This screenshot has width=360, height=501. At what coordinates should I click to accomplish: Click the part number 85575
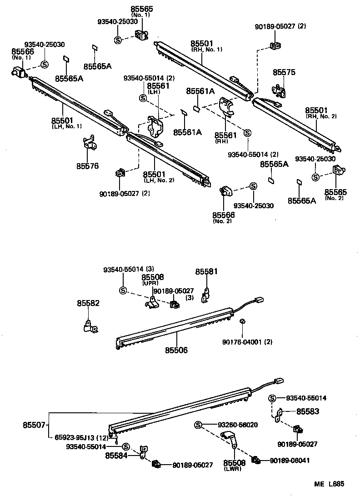click(x=284, y=72)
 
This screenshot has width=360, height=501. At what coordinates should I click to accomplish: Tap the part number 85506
click(x=176, y=350)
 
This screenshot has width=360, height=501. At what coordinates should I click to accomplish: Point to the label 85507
click(x=34, y=426)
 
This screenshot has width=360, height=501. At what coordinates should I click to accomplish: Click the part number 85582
click(x=88, y=303)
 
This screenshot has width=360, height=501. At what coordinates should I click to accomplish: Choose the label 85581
click(x=207, y=271)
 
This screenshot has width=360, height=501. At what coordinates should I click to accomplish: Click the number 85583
click(x=308, y=411)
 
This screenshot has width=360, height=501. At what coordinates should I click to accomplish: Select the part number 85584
click(x=117, y=455)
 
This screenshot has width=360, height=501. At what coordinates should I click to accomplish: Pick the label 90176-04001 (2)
click(x=247, y=341)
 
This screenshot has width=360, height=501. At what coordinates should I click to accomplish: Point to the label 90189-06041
click(x=290, y=460)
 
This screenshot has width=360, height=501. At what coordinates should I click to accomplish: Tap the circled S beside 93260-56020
click(x=198, y=425)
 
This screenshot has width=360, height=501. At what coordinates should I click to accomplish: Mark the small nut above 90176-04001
click(x=242, y=322)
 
